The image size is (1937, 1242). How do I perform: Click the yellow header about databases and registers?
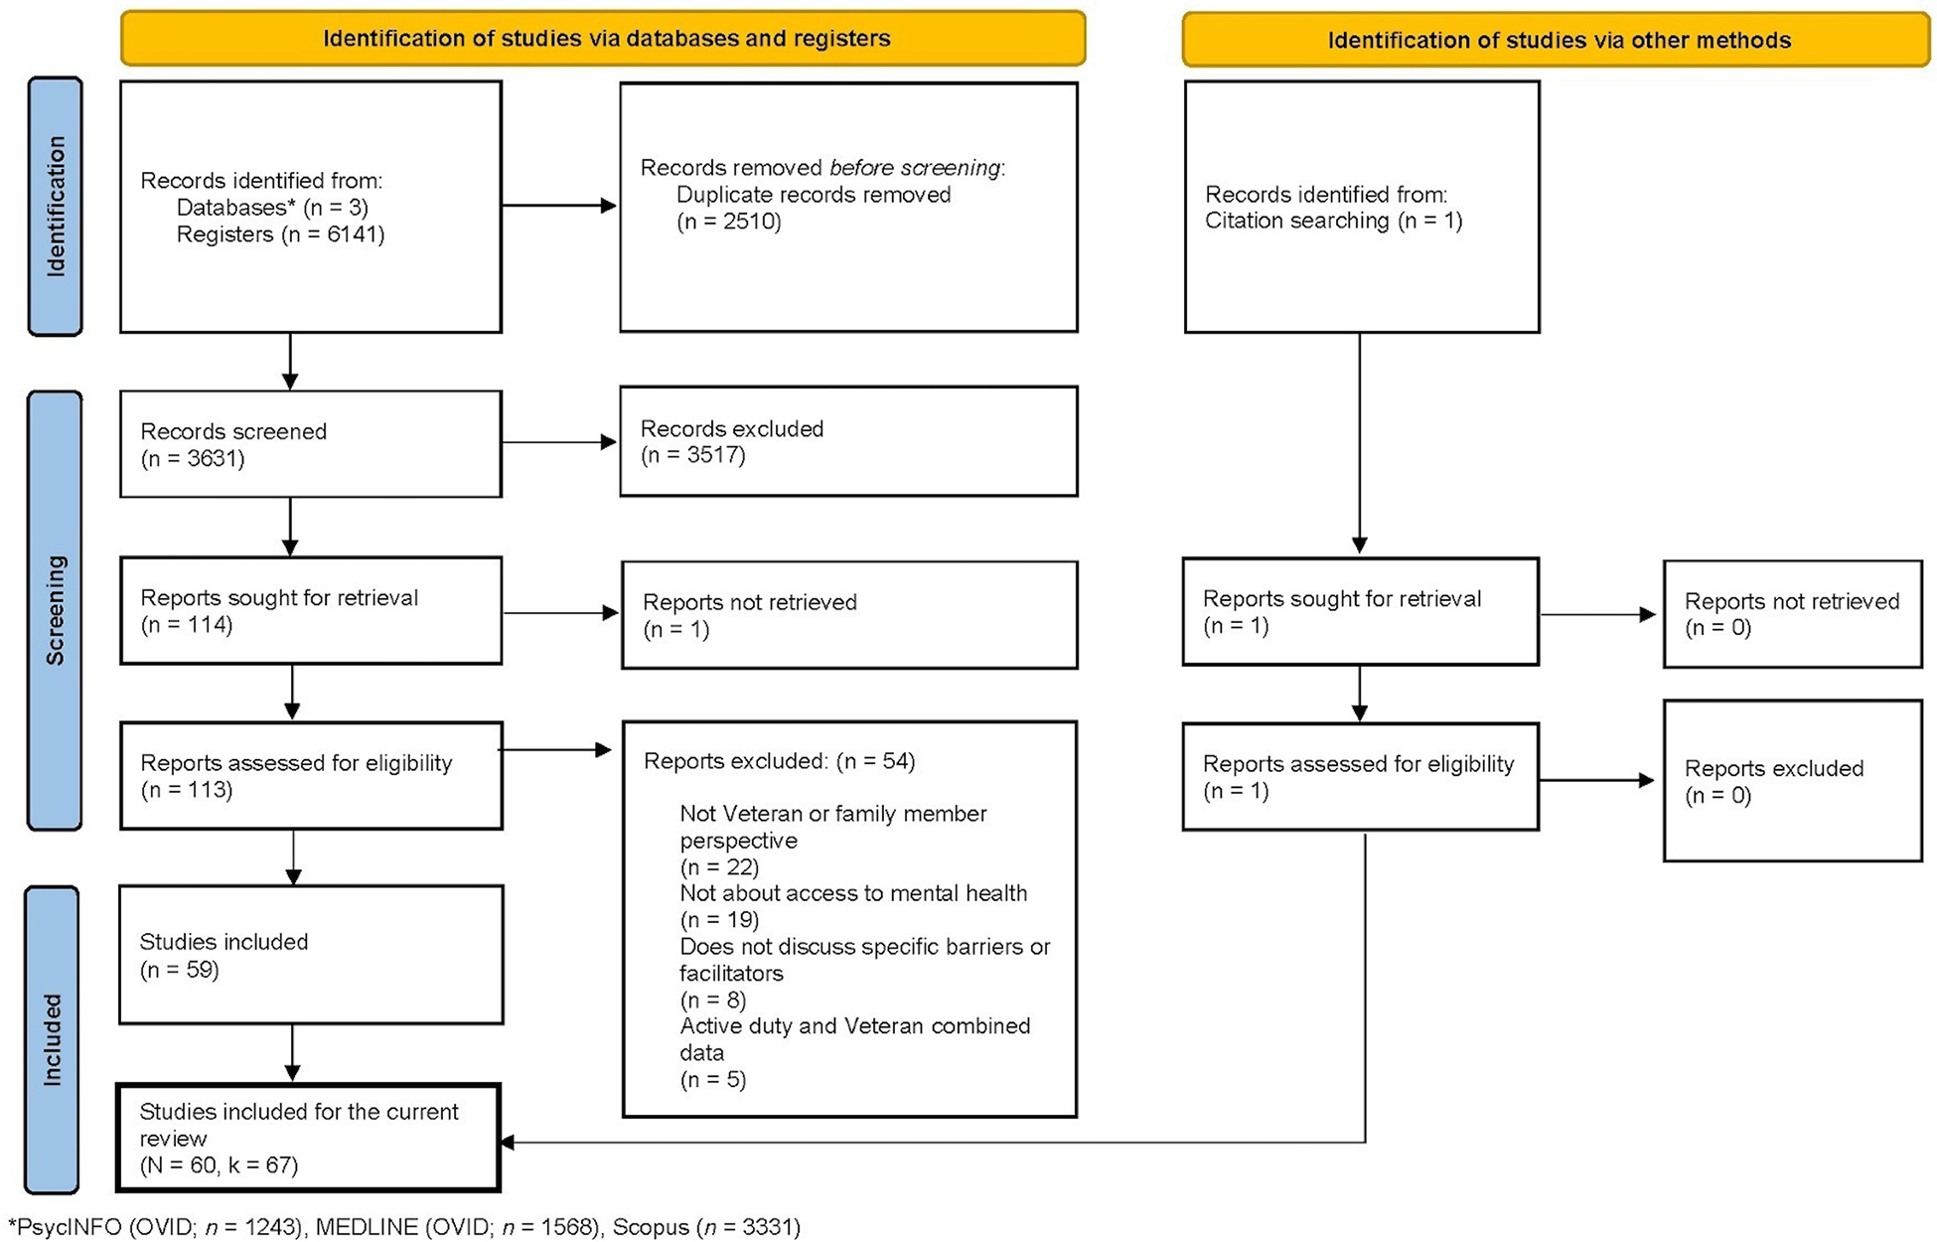click(603, 39)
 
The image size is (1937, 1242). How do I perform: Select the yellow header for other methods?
click(1557, 41)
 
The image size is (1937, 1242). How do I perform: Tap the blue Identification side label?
click(55, 207)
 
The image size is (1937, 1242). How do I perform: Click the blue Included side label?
click(52, 1039)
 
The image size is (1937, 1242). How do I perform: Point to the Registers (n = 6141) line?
click(280, 234)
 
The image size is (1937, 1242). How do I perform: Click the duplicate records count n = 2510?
click(729, 222)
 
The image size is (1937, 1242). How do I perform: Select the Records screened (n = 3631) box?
click(310, 444)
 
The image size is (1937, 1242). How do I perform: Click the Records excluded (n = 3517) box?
click(848, 442)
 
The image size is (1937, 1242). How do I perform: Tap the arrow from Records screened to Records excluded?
click(559, 442)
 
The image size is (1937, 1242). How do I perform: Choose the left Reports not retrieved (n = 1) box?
click(848, 615)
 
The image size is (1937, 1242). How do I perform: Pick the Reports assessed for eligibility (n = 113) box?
click(310, 776)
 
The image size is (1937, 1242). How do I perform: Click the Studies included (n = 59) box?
click(310, 955)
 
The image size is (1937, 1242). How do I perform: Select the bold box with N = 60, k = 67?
click(308, 1138)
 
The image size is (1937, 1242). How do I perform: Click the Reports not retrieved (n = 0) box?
click(1792, 614)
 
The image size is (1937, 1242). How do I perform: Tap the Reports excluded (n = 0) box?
click(1792, 781)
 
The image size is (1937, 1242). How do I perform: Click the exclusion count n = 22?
click(719, 866)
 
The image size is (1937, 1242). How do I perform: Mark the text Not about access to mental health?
click(853, 893)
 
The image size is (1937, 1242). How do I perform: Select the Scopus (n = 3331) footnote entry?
click(705, 1227)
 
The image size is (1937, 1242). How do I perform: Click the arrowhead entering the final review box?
click(508, 1143)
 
